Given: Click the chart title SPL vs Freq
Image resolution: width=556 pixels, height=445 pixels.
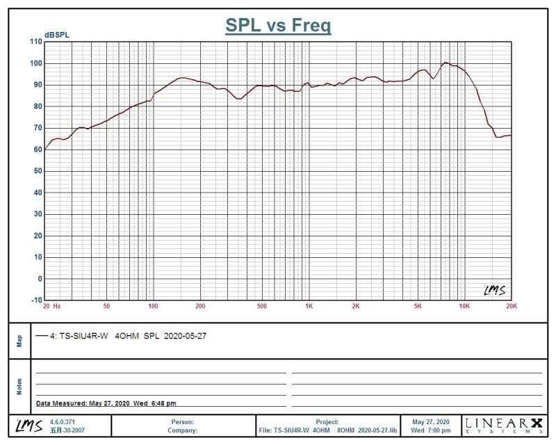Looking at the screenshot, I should [278, 26].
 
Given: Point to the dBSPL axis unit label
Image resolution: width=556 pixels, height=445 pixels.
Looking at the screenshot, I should [57, 35].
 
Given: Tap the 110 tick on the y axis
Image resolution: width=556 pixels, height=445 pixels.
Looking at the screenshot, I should [35, 42].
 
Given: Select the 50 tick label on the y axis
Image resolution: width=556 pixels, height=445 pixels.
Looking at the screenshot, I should [37, 171].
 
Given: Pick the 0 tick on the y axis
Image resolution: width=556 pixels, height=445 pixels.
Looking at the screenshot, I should [40, 279].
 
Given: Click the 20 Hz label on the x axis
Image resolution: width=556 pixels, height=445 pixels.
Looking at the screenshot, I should [51, 306].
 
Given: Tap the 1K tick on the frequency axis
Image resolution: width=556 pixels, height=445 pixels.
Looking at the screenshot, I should [309, 306].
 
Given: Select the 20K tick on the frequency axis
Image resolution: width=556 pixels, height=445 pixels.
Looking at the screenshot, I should [511, 306].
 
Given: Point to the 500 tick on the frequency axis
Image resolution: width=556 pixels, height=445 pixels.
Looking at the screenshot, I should [261, 306].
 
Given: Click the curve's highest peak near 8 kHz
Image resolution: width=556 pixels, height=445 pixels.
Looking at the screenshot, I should [446, 63].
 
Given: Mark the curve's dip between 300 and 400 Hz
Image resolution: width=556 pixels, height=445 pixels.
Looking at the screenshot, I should [239, 99].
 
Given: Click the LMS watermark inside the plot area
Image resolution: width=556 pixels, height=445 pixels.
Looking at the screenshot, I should [494, 289].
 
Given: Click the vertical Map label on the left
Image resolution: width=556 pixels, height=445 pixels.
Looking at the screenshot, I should [19, 341].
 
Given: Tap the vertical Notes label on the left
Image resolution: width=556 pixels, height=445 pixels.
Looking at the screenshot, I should [19, 386].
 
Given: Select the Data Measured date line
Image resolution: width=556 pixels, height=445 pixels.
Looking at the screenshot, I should [106, 403].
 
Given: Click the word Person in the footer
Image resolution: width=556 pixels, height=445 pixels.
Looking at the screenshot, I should [182, 422].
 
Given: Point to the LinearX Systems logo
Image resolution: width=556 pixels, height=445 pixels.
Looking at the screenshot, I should [503, 425].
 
